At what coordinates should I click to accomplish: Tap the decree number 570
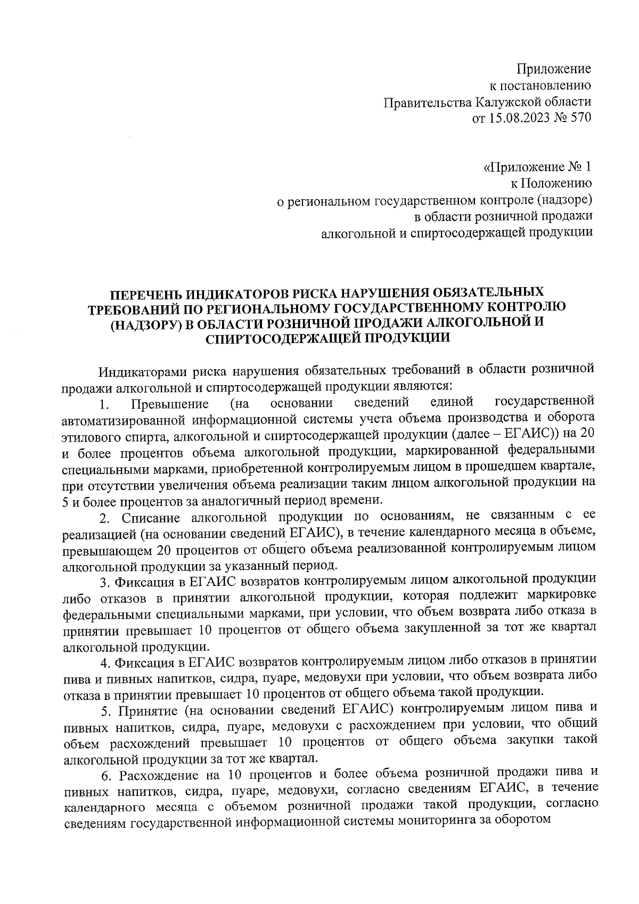580,118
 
